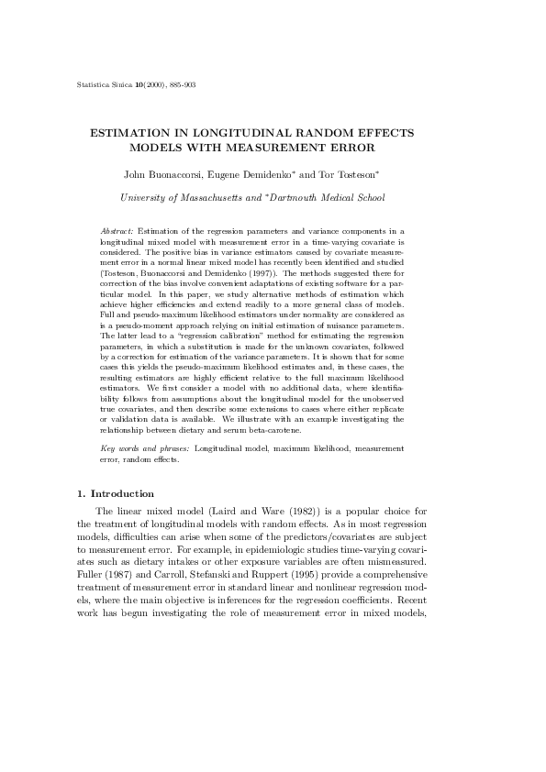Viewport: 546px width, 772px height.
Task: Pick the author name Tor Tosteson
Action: [x=347, y=173]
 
